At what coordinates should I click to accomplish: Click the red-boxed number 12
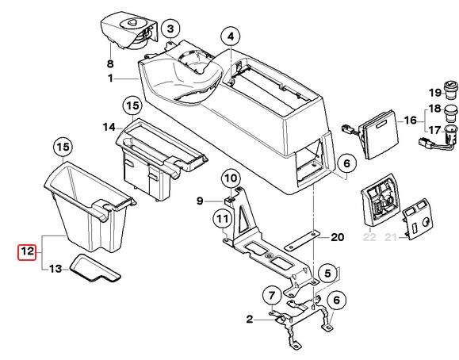click(27, 252)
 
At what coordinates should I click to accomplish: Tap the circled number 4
click(231, 37)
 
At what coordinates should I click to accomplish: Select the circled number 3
click(170, 29)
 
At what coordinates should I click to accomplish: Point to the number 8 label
click(110, 63)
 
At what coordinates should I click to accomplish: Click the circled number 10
click(231, 178)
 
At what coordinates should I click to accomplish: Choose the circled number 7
click(272, 295)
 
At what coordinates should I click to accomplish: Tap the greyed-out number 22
click(369, 237)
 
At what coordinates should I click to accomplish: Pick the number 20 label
click(337, 236)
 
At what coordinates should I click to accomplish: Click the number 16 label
click(411, 120)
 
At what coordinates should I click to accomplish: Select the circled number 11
click(222, 219)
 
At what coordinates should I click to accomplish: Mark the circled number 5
click(327, 274)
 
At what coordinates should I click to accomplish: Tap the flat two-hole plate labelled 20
click(301, 241)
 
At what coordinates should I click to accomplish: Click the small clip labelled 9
click(228, 201)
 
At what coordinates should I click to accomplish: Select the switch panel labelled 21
click(417, 219)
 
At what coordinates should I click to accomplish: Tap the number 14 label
click(109, 127)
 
